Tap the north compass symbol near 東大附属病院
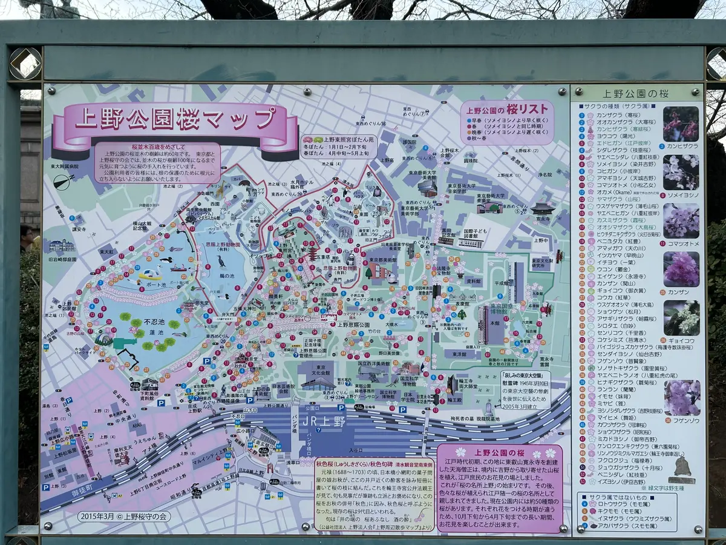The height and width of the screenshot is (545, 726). pyautogui.click(x=64, y=181)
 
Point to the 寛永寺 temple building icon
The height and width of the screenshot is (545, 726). pyautogui.click(x=542, y=210)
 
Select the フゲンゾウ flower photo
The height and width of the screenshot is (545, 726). pyautogui.click(x=681, y=398)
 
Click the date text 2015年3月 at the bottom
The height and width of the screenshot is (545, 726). pyautogui.click(x=100, y=517)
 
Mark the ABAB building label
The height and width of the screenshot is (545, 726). pyautogui.click(x=137, y=426)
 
